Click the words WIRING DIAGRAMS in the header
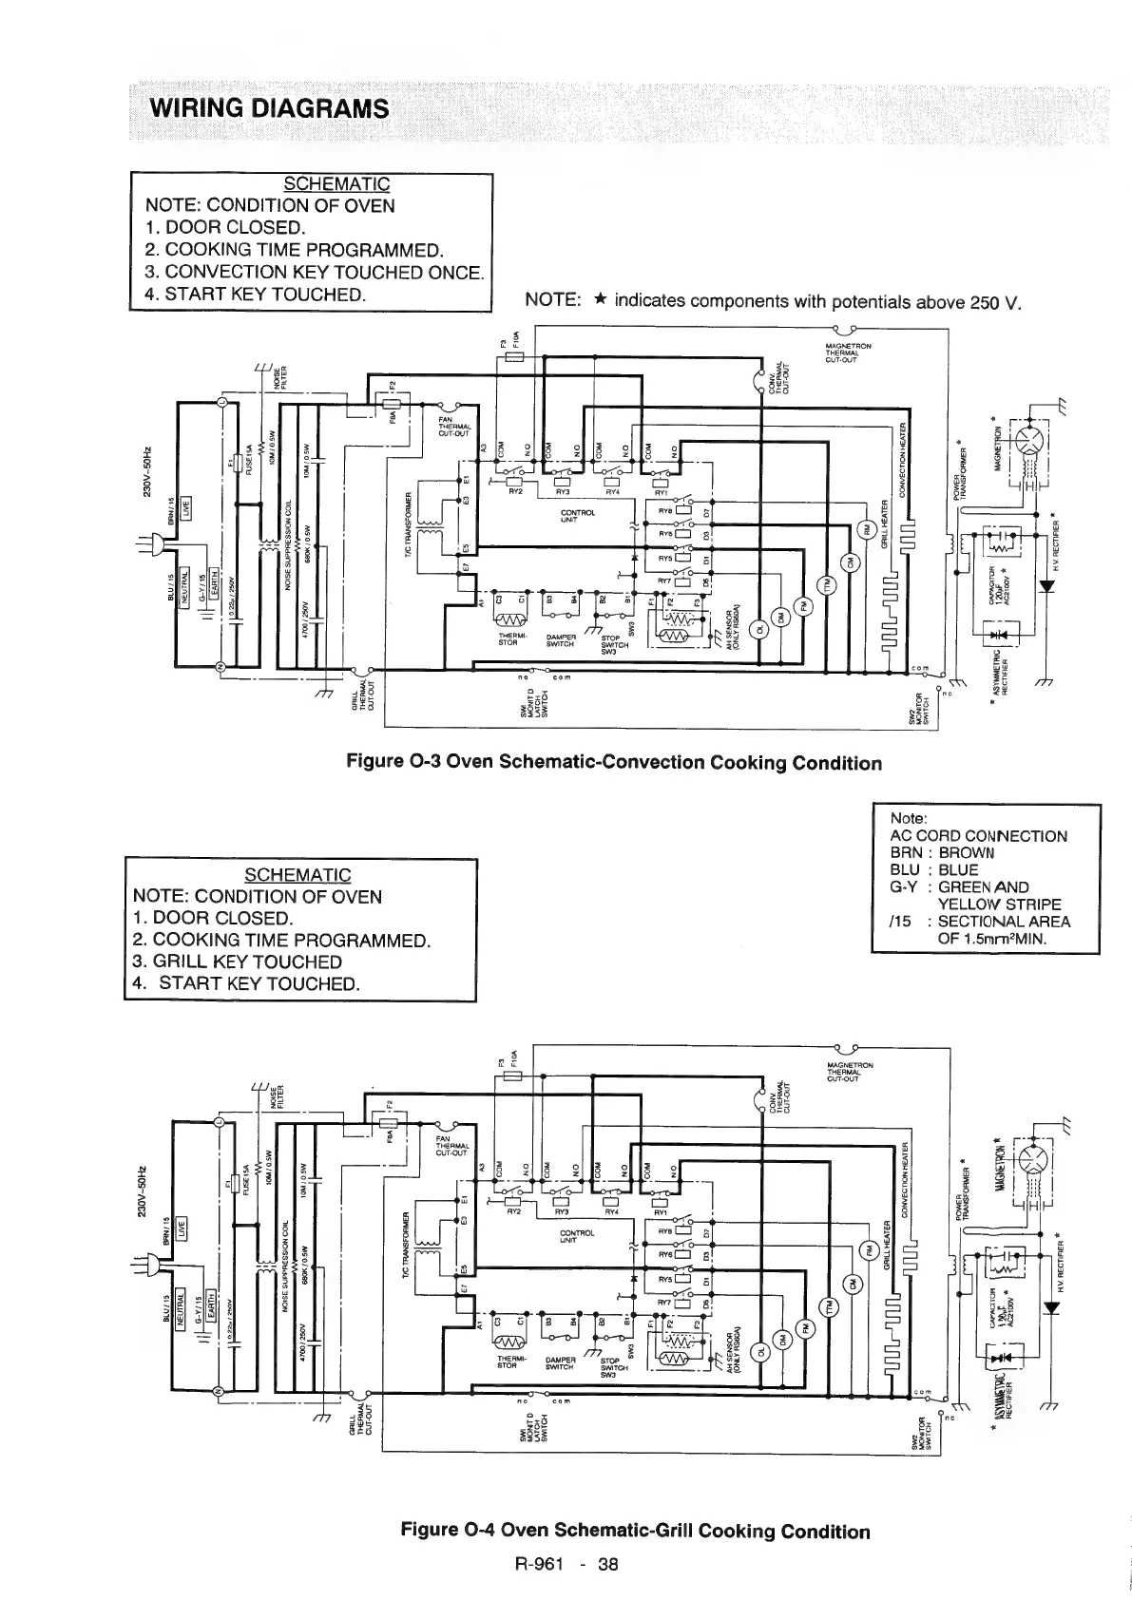269,107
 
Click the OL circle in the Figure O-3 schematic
759,629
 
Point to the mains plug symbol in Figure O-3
152,543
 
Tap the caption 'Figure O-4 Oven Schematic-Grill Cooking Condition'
635,1531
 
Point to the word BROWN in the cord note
966,852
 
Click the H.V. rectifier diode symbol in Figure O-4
1048,1308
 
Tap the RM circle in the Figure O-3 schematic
864,530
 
